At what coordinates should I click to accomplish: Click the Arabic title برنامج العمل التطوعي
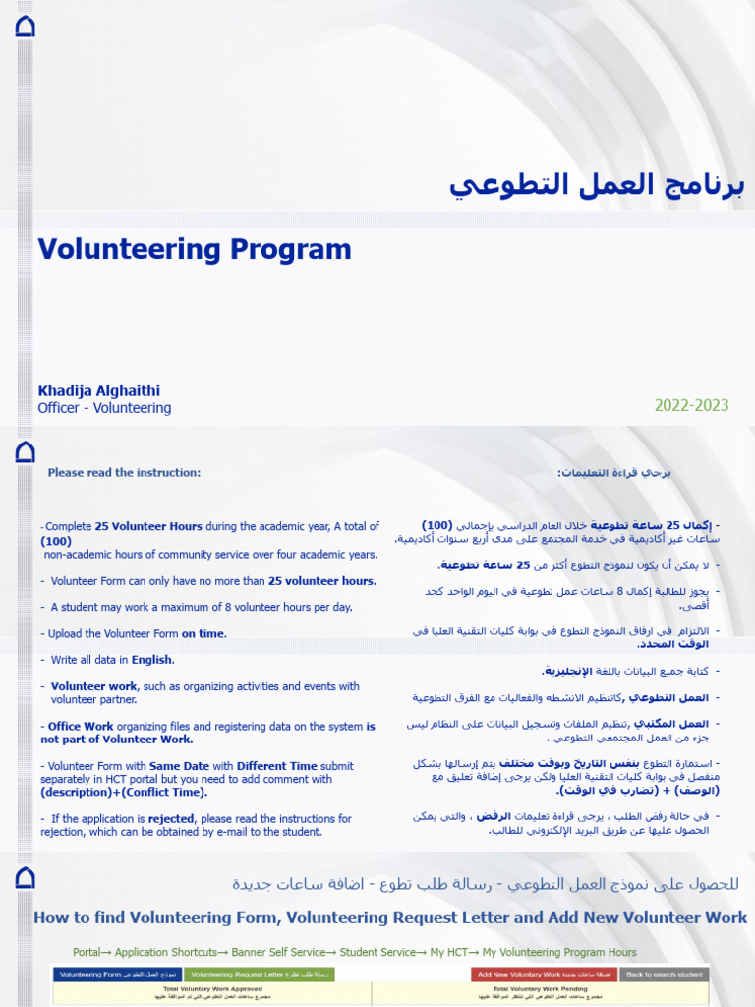(597, 184)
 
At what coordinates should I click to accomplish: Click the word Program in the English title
(291, 249)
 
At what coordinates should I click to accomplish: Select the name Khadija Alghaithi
(98, 390)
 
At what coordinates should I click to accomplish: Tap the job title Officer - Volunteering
(104, 408)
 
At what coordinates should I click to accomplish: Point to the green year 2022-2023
(692, 405)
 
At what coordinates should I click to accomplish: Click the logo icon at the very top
(26, 27)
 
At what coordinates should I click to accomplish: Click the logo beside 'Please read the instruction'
(26, 452)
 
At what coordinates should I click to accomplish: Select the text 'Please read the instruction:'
(124, 473)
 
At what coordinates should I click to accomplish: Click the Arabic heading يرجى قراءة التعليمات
(614, 473)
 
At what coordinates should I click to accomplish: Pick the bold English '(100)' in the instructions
(56, 541)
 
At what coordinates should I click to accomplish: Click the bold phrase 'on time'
(203, 634)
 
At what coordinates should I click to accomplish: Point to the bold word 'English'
(152, 660)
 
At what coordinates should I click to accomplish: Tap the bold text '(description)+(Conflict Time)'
(124, 792)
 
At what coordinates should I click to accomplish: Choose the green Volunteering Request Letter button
(247, 975)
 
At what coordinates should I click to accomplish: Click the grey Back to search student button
(664, 975)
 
